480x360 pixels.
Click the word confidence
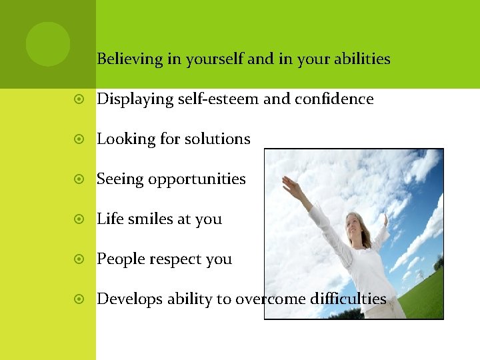click(335, 99)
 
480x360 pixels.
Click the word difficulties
click(348, 299)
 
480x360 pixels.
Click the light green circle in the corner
click(48, 44)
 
